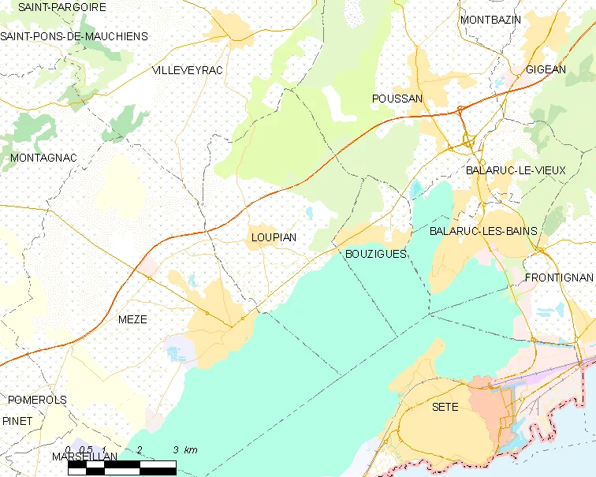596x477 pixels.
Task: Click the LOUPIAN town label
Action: click(274, 237)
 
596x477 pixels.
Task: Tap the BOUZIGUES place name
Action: click(376, 254)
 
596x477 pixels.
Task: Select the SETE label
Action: click(445, 407)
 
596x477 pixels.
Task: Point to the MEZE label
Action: click(132, 319)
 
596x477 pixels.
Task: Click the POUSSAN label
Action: click(397, 99)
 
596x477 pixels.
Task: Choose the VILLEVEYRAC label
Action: click(187, 70)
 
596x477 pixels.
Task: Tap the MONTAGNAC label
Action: click(43, 158)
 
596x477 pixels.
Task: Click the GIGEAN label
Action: click(546, 69)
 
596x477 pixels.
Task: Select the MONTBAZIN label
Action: click(490, 20)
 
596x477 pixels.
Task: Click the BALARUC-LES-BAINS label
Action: click(483, 231)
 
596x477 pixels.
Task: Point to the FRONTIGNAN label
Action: click(558, 278)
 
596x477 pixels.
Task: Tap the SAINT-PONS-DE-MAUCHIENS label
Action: click(74, 36)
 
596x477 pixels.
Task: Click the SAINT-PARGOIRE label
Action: click(51, 7)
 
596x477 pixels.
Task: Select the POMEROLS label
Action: click(38, 400)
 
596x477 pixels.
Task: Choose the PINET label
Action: click(17, 421)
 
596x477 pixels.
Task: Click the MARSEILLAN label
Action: click(84, 457)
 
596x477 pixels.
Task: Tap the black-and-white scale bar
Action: click(121, 468)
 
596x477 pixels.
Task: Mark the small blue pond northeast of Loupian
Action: click(310, 213)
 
